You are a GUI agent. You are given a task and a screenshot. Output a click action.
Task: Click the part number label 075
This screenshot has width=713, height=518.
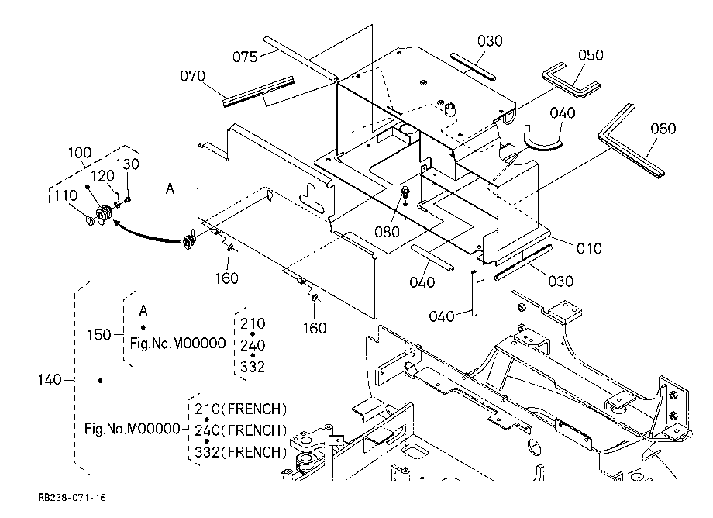pyautogui.click(x=245, y=57)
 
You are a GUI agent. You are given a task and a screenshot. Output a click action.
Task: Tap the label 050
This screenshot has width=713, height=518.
pyautogui.click(x=591, y=55)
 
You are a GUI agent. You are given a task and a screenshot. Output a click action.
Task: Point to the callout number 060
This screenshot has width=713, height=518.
pyautogui.click(x=663, y=129)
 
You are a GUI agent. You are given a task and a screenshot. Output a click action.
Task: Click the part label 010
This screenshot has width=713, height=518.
pyautogui.click(x=589, y=248)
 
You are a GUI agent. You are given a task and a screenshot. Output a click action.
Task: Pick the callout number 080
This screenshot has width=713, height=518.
pyautogui.click(x=387, y=232)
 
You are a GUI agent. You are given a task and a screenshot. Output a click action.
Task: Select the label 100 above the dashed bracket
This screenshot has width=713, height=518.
pyautogui.click(x=80, y=152)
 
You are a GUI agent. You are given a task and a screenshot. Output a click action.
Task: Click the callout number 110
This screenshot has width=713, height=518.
pyautogui.click(x=65, y=195)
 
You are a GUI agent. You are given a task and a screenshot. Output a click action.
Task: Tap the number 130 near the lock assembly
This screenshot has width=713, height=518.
pyautogui.click(x=127, y=164)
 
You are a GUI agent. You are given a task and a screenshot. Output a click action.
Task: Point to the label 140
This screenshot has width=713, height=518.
pyautogui.click(x=49, y=379)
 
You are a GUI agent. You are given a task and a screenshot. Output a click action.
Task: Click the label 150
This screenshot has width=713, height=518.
pyautogui.click(x=98, y=335)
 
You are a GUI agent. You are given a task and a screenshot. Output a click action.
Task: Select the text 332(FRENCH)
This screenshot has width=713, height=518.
pyautogui.click(x=241, y=452)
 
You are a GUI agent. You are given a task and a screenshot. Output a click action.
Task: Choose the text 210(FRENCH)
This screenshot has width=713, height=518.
pyautogui.click(x=241, y=409)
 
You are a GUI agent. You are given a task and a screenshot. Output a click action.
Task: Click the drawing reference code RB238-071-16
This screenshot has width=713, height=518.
pyautogui.click(x=72, y=498)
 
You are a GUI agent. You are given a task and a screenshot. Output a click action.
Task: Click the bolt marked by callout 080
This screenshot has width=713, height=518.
pyautogui.click(x=405, y=193)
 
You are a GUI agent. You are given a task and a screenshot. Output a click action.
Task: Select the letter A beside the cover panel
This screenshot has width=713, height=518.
pyautogui.click(x=170, y=188)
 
